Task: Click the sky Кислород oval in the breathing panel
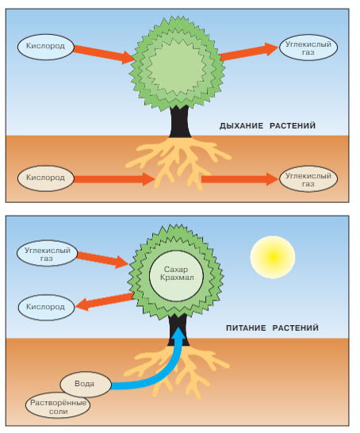(x=46, y=47)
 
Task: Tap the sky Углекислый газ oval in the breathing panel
(x=308, y=48)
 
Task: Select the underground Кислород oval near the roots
(x=46, y=178)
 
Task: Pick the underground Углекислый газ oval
(x=308, y=179)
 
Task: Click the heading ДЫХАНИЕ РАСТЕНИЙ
(x=267, y=126)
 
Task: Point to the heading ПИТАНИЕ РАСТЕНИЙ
(x=272, y=328)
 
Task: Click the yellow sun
(x=273, y=257)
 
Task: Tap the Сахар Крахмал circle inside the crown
(x=176, y=276)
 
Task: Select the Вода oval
(x=86, y=384)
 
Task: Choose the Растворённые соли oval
(x=58, y=405)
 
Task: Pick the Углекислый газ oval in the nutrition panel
(x=47, y=254)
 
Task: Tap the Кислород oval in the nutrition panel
(x=46, y=308)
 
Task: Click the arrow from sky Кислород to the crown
(x=105, y=54)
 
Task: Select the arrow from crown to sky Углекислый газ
(x=249, y=52)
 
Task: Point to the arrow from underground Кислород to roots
(x=114, y=179)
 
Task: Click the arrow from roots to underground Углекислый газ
(x=239, y=179)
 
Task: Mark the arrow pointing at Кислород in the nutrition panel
(x=105, y=302)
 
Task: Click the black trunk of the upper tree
(x=180, y=121)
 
